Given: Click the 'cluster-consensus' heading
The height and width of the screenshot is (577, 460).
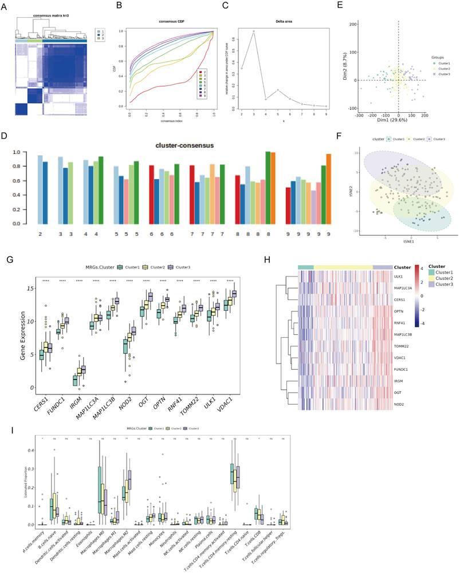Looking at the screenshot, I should coord(184,146).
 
